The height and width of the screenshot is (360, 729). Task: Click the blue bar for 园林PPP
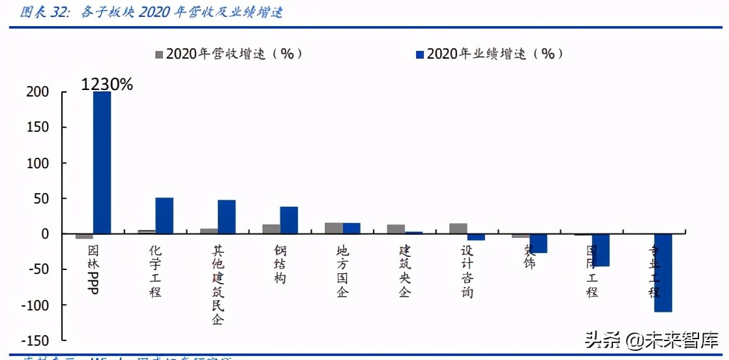pyautogui.click(x=102, y=162)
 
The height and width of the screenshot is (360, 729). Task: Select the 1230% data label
pyautogui.click(x=107, y=84)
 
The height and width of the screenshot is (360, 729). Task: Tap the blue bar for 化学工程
pyautogui.click(x=164, y=216)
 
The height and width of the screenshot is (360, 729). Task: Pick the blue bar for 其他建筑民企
pyautogui.click(x=226, y=217)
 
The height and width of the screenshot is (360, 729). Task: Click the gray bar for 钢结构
pyautogui.click(x=271, y=229)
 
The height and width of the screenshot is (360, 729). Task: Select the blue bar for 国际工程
pyautogui.click(x=600, y=250)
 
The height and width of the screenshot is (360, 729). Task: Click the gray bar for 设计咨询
pyautogui.click(x=458, y=228)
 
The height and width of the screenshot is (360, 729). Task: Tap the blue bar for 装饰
pyautogui.click(x=538, y=243)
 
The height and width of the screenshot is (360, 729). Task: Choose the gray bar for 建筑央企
pyautogui.click(x=396, y=229)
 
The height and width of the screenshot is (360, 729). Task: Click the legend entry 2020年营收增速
pyautogui.click(x=228, y=54)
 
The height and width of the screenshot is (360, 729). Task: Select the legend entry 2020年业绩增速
pyautogui.click(x=489, y=54)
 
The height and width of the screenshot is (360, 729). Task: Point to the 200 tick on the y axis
pyautogui.click(x=37, y=92)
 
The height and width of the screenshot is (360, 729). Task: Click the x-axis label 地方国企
pyautogui.click(x=342, y=271)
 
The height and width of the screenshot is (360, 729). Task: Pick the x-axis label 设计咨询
pyautogui.click(x=467, y=271)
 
